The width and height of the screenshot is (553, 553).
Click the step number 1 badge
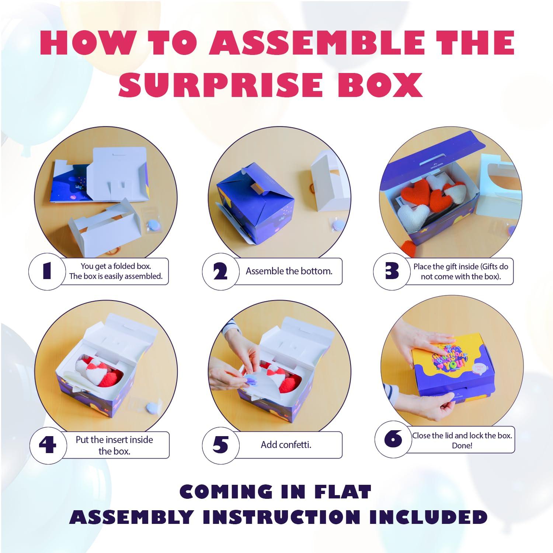click(46, 271)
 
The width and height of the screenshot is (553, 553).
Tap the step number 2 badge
click(220, 271)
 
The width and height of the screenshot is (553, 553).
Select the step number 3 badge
click(392, 271)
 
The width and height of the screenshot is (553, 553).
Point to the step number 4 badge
click(48, 445)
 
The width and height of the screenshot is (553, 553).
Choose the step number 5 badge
click(220, 445)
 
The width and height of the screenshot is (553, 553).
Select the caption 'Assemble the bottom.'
click(289, 271)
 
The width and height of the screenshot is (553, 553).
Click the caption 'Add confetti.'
click(286, 445)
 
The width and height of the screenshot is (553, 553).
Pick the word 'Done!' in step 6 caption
click(462, 445)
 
